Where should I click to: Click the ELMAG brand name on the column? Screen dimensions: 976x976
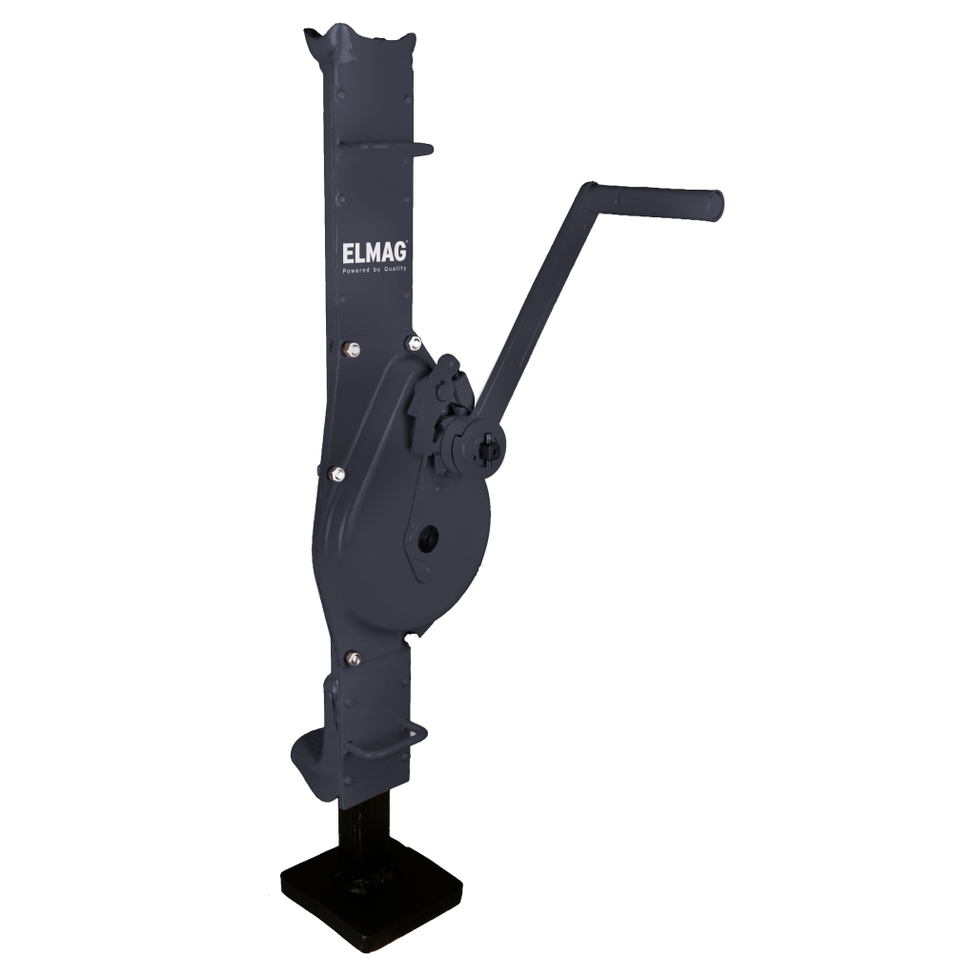tap(375, 252)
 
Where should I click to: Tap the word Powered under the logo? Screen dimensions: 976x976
tap(356, 270)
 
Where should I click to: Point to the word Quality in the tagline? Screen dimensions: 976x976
tap(395, 270)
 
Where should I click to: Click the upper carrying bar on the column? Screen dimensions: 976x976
tap(386, 148)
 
